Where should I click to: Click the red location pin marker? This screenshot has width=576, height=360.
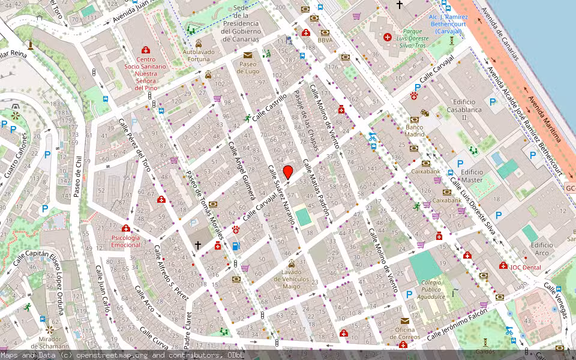[288, 172]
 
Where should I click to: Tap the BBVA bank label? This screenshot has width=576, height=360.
[325, 40]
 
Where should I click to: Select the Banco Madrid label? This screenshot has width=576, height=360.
[415, 130]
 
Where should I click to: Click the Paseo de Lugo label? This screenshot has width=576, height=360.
[248, 67]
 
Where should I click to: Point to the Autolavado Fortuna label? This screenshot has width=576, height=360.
[199, 55]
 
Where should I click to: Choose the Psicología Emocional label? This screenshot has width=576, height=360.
[125, 241]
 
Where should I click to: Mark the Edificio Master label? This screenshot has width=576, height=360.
[472, 176]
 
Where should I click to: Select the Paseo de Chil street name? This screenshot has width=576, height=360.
[77, 176]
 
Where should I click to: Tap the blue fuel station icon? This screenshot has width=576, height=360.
[236, 246]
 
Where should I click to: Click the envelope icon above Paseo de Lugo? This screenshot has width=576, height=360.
[248, 55]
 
